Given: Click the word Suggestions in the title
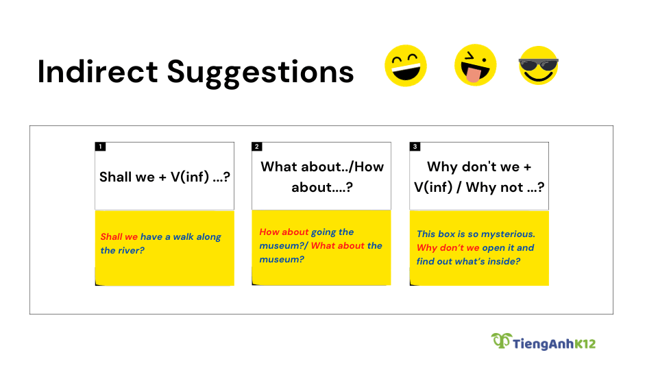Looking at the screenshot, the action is tap(260, 73).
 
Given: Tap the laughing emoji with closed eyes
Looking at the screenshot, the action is tap(405, 66).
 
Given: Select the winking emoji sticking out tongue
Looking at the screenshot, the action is tap(476, 65).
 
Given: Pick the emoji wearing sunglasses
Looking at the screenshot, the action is tap(539, 66).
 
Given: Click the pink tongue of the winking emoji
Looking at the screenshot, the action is tap(474, 75).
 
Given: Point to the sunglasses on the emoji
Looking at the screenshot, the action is tap(539, 64).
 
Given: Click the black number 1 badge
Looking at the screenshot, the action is tap(100, 147).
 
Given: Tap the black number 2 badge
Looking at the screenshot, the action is tap(257, 147).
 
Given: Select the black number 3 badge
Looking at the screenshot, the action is tap(415, 147).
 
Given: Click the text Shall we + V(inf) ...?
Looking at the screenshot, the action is tap(164, 177).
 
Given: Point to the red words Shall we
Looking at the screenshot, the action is tap(119, 236).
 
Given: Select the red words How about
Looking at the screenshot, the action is tap(284, 232).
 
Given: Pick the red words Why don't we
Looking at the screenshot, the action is tap(448, 248).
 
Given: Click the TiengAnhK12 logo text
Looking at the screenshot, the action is tap(554, 344).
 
